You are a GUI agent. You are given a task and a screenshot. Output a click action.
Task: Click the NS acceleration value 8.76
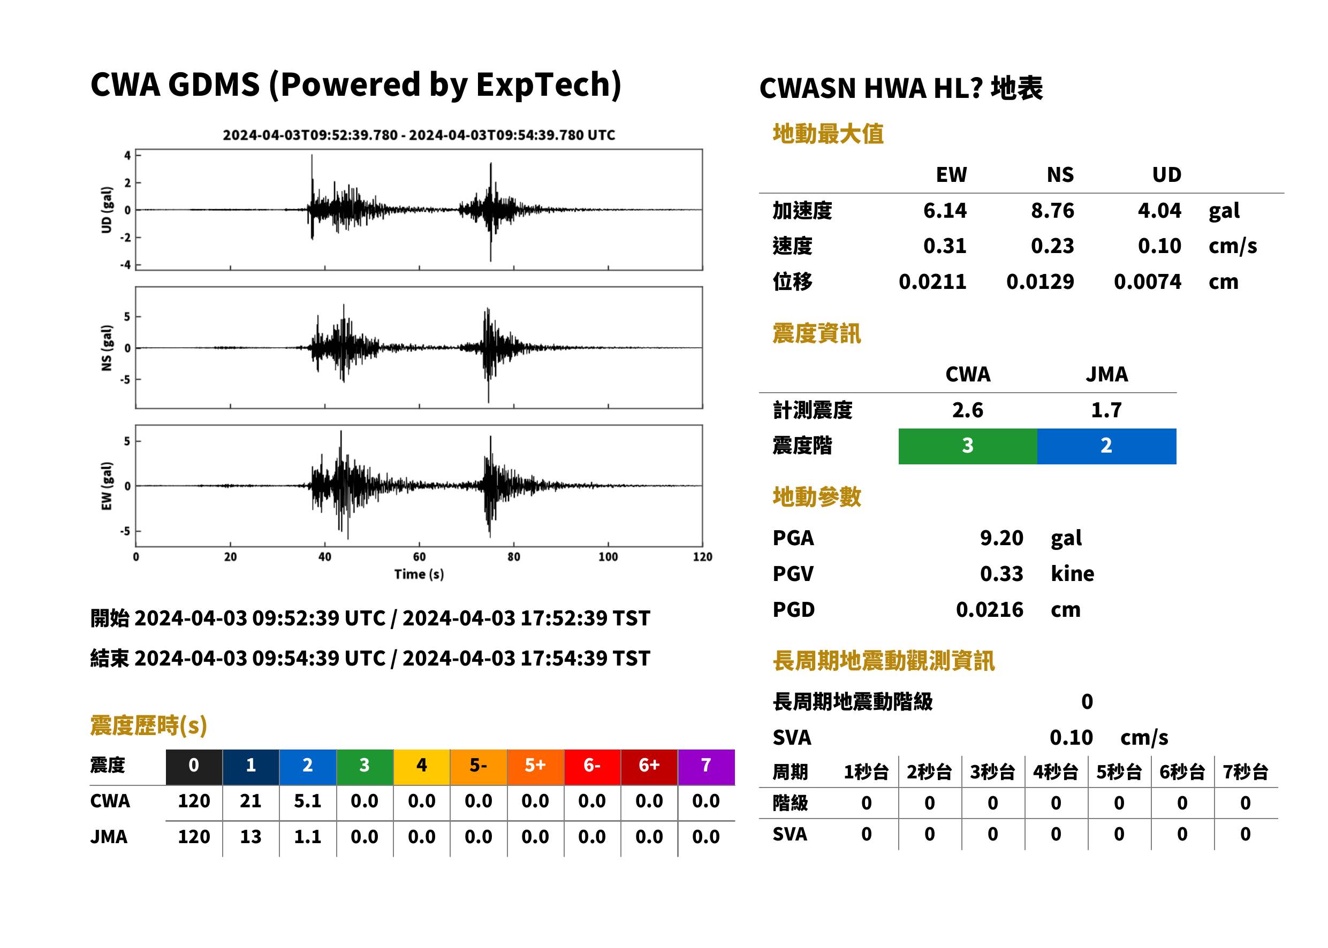(1052, 210)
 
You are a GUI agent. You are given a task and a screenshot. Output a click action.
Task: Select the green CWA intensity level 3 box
(968, 446)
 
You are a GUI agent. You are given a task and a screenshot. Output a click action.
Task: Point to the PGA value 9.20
(1001, 538)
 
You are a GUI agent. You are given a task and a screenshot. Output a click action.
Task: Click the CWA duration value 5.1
(308, 801)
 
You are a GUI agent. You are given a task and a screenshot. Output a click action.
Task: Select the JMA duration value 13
(251, 837)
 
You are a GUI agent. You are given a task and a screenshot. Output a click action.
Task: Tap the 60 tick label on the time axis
(419, 556)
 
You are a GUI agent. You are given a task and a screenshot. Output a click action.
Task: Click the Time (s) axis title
(419, 574)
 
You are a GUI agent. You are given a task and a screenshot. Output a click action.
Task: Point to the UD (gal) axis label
(107, 210)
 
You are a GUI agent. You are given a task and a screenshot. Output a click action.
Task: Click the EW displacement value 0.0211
(932, 281)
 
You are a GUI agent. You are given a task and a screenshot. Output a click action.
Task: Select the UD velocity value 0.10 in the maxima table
(1159, 246)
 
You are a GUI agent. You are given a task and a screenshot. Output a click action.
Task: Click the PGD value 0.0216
(989, 609)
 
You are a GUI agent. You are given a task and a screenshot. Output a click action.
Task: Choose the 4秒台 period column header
(1055, 771)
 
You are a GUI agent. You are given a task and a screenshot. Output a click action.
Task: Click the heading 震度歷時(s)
(149, 725)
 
